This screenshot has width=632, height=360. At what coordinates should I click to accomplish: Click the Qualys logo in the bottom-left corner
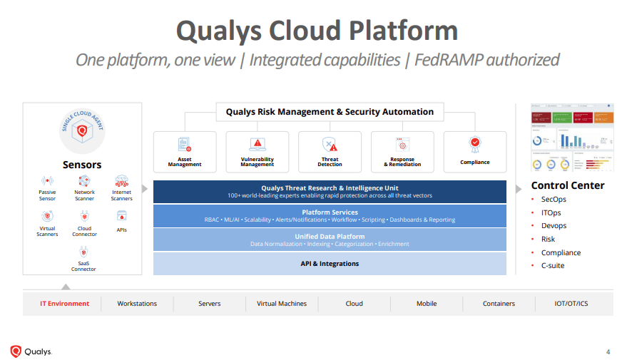(31, 351)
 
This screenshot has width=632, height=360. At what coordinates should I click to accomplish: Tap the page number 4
(608, 351)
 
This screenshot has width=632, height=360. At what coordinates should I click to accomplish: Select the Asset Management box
(185, 152)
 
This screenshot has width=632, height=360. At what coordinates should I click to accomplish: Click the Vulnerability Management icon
(257, 144)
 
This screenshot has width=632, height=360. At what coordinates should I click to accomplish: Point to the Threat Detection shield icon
(330, 144)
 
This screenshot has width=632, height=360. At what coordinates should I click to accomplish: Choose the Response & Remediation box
(402, 152)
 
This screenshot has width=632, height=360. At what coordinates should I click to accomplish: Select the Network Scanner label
(84, 195)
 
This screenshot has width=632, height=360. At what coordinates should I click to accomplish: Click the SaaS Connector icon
(83, 252)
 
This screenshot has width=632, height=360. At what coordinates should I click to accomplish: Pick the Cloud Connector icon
(84, 216)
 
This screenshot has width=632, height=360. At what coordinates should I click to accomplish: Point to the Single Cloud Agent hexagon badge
(82, 131)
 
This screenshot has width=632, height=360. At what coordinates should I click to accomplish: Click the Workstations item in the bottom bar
(137, 304)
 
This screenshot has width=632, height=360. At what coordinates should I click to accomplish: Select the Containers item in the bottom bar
(499, 304)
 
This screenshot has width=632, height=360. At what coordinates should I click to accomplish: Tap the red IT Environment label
(65, 304)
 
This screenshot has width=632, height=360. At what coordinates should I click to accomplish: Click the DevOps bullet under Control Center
(554, 226)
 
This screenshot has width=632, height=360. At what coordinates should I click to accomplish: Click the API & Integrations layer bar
(330, 264)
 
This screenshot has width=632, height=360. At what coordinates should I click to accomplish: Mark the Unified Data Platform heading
(330, 236)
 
